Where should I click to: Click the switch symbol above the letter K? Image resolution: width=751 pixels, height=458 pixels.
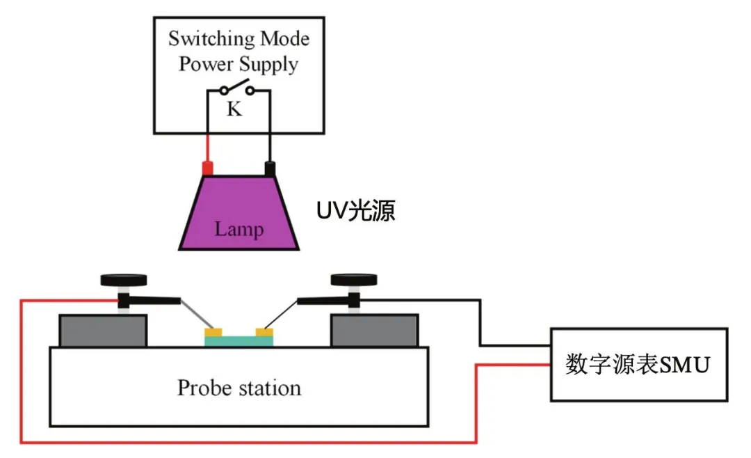[236, 89]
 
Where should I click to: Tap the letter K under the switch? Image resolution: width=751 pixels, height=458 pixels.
[236, 109]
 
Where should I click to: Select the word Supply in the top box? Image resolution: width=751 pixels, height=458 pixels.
[268, 65]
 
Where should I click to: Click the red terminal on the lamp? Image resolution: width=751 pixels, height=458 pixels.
[207, 168]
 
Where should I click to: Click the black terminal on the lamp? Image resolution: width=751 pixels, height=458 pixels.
[270, 168]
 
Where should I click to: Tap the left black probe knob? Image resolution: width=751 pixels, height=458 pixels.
[124, 280]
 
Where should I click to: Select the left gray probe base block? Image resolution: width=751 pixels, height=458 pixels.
[103, 331]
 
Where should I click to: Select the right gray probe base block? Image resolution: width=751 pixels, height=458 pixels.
[375, 331]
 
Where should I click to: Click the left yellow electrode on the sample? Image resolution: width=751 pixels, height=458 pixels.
[213, 332]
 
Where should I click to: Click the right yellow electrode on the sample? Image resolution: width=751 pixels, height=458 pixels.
[265, 332]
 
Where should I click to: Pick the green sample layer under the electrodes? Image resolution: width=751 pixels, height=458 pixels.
[239, 340]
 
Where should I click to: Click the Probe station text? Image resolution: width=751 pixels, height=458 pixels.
[239, 388]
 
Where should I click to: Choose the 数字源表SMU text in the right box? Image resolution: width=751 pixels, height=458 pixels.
[638, 364]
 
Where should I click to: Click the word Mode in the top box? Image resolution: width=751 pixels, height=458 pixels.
[284, 38]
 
